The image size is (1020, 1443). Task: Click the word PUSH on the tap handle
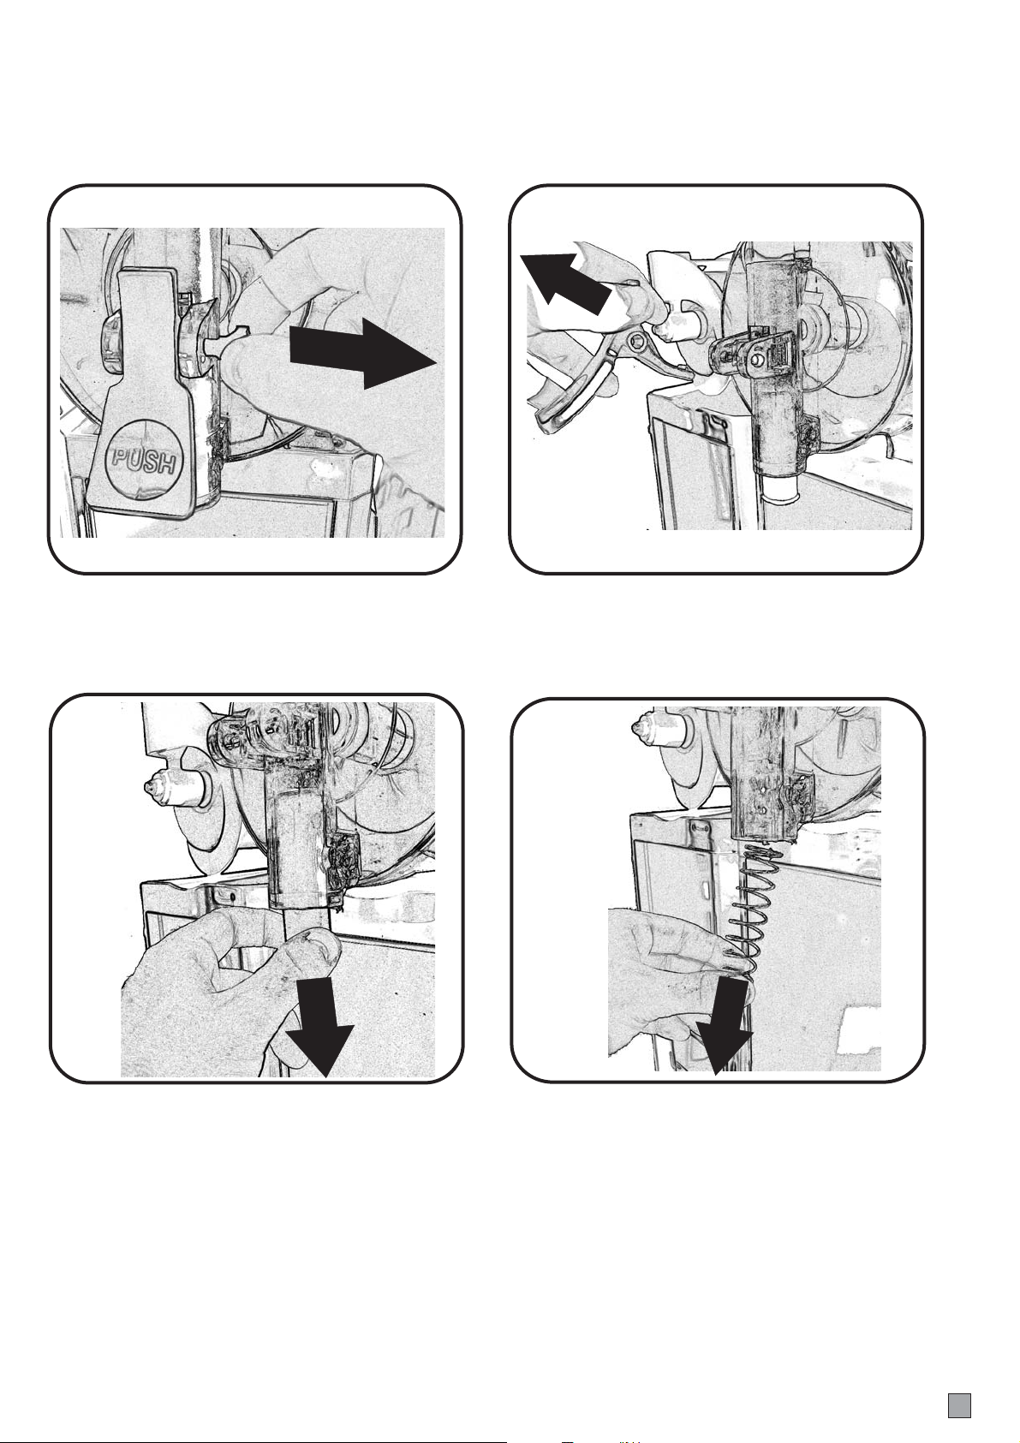146,460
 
